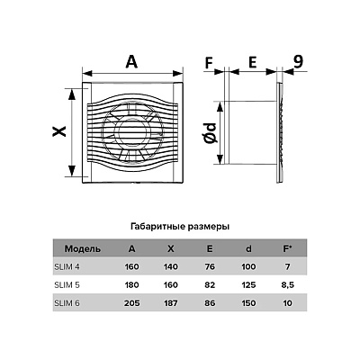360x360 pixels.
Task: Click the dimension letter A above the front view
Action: tap(131, 62)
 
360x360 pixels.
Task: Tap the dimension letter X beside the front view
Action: tap(59, 131)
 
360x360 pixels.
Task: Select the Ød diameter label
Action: tap(210, 132)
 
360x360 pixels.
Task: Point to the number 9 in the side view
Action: tap(298, 62)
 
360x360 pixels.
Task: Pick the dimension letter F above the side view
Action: tap(209, 63)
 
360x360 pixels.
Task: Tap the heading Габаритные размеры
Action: tap(180, 227)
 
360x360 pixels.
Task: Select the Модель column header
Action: tap(83, 248)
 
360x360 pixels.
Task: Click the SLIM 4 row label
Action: tap(67, 266)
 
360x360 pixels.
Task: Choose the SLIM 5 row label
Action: tap(67, 284)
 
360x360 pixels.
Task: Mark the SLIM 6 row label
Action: tap(67, 303)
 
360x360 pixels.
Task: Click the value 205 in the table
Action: tap(132, 303)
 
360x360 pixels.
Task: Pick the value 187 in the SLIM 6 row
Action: tap(171, 303)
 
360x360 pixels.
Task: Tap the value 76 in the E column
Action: tap(210, 266)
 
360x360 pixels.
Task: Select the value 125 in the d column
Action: tap(248, 284)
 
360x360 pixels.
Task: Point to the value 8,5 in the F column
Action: tap(288, 284)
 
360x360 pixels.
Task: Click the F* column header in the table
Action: tap(287, 248)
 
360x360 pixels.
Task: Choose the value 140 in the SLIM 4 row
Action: tap(171, 266)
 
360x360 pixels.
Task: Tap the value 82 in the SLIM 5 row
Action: tap(210, 284)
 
